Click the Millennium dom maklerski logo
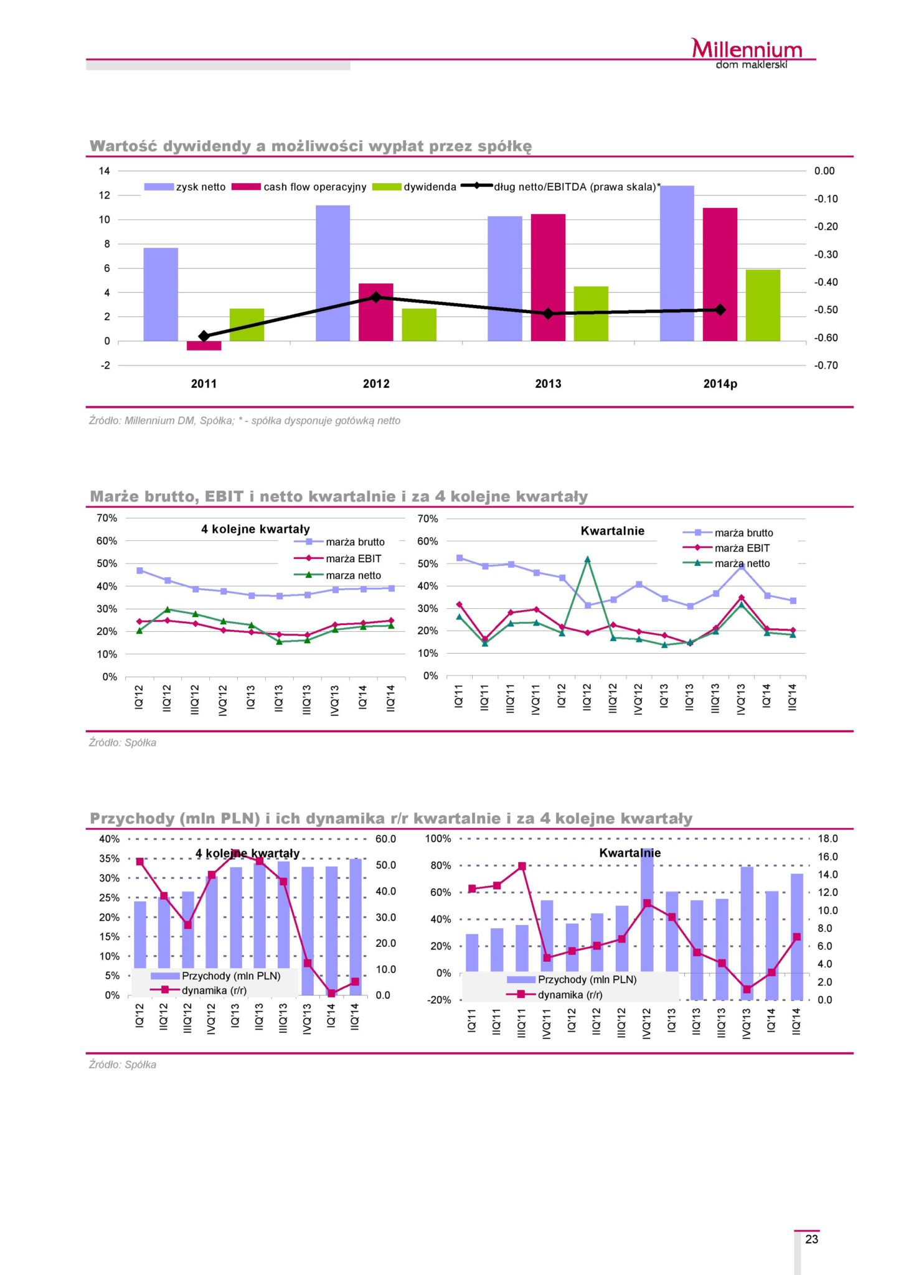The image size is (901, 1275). pyautogui.click(x=747, y=54)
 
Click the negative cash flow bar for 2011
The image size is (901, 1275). pyautogui.click(x=204, y=346)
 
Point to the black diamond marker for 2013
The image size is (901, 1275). pyautogui.click(x=548, y=314)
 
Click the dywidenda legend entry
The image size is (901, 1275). pyautogui.click(x=415, y=187)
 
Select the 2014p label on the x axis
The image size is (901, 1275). pyautogui.click(x=720, y=384)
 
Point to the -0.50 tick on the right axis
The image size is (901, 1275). pyautogui.click(x=826, y=310)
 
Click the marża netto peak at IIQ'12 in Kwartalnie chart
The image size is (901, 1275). pyautogui.click(x=587, y=559)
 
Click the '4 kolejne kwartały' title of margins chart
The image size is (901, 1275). pyautogui.click(x=255, y=529)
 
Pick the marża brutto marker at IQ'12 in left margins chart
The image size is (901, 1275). pyautogui.click(x=139, y=570)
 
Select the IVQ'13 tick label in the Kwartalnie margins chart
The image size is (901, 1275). pyautogui.click(x=741, y=699)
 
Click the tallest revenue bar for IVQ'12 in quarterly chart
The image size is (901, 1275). pyautogui.click(x=647, y=909)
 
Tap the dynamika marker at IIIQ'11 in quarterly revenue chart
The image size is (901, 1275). pyautogui.click(x=522, y=866)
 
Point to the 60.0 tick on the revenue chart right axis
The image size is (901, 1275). pyautogui.click(x=385, y=839)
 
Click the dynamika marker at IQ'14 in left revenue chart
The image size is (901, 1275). pyautogui.click(x=331, y=993)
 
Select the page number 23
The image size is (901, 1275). pyautogui.click(x=811, y=1239)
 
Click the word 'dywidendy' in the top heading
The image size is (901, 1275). pyautogui.click(x=207, y=146)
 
